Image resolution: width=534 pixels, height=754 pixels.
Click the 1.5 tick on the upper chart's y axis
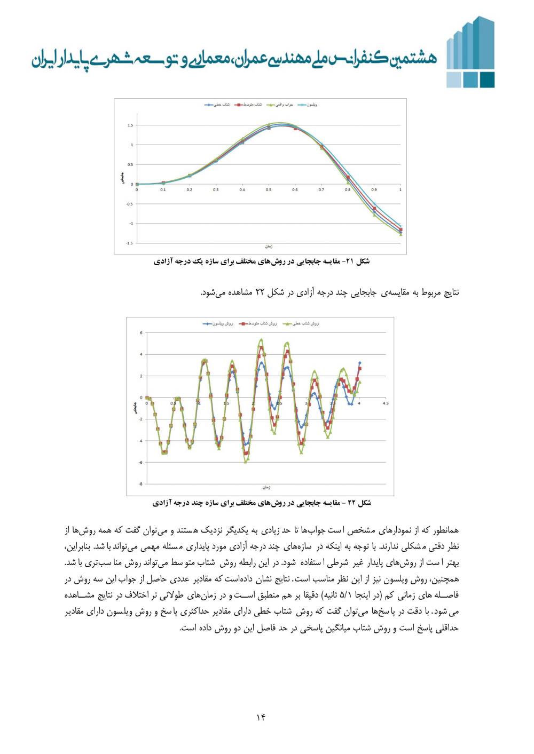click(x=130, y=125)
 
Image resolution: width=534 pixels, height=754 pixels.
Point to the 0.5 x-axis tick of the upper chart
click(x=269, y=190)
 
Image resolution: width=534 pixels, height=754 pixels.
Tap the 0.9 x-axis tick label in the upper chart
click(x=374, y=190)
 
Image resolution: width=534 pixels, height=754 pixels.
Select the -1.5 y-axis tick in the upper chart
click(x=129, y=243)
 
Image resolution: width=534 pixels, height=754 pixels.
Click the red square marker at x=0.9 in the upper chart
click(x=374, y=209)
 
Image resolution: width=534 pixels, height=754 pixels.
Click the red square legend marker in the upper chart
click(x=241, y=105)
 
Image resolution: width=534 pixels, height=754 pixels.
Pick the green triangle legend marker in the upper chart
click(x=271, y=105)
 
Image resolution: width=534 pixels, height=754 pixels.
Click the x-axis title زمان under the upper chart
click(x=269, y=247)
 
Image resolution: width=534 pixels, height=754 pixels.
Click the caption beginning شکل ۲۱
click(x=262, y=261)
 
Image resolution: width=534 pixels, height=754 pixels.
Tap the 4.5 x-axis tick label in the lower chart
click(x=386, y=403)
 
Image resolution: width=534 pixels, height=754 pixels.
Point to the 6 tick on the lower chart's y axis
click(x=141, y=333)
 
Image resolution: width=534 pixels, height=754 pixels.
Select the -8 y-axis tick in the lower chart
click(x=140, y=484)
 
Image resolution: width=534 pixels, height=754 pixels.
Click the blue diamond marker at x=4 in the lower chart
click(x=359, y=363)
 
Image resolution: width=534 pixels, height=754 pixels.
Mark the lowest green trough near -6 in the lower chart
click(x=246, y=462)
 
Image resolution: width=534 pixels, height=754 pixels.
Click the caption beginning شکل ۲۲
click(x=262, y=503)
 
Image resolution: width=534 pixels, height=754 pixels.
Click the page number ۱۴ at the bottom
click(x=261, y=717)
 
